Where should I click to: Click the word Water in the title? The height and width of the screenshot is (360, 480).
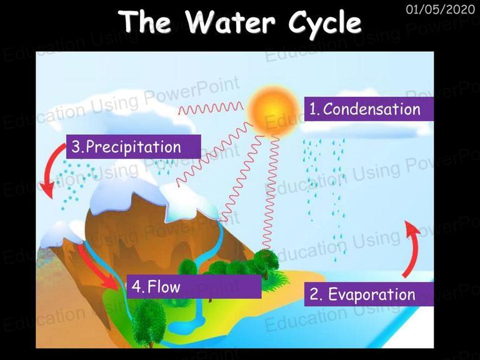click(x=230, y=21)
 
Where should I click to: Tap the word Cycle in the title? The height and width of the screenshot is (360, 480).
click(x=324, y=23)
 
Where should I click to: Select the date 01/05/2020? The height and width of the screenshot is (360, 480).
click(x=440, y=9)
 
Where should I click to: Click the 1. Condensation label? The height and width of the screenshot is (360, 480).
click(x=369, y=109)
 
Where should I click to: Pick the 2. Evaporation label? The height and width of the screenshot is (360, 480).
click(x=369, y=294)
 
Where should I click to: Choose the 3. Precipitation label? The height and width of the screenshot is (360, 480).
click(x=134, y=147)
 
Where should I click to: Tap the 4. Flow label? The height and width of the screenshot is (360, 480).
click(x=194, y=286)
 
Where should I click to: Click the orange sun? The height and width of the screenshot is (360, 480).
click(x=272, y=110)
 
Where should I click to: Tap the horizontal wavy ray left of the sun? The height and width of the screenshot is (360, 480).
click(x=211, y=108)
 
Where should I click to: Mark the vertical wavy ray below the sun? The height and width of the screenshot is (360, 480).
click(x=270, y=193)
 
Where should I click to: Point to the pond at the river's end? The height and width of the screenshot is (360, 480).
click(x=187, y=325)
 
